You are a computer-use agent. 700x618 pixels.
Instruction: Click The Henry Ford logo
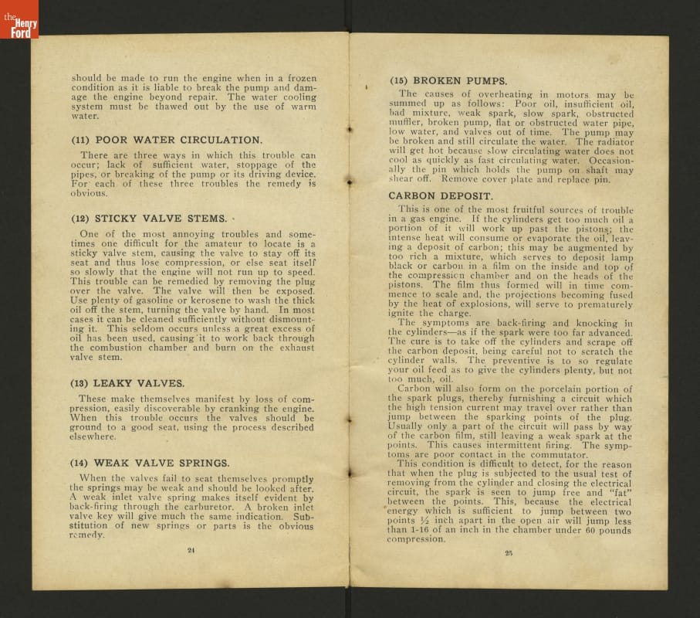click(x=19, y=19)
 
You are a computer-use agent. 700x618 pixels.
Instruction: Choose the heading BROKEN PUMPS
click(x=448, y=80)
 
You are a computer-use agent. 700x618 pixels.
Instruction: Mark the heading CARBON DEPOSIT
click(x=440, y=196)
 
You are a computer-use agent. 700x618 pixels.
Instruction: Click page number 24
click(x=191, y=550)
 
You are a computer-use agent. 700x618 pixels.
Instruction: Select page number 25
click(x=509, y=552)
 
